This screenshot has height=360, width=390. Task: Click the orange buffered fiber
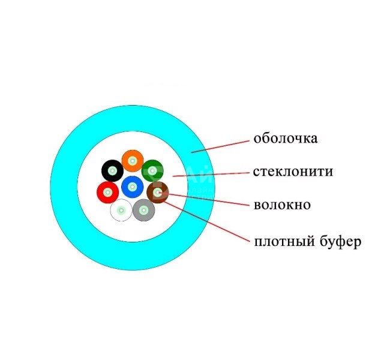[x=133, y=161]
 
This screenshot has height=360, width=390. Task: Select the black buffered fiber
[x=112, y=170]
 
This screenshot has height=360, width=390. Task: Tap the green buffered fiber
[x=152, y=170]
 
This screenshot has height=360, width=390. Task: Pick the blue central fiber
[x=133, y=187]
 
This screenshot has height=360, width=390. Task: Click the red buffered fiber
[x=107, y=192]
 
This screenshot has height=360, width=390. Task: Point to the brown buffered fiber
[x=158, y=192]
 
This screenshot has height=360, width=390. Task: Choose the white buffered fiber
[x=121, y=210]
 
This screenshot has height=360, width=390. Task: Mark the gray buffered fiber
[x=144, y=210]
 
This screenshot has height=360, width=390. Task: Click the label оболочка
[x=285, y=139]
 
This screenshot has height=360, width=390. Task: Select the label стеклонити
[x=293, y=172]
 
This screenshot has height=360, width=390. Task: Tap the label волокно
[x=282, y=205]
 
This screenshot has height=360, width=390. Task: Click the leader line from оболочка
[x=220, y=146]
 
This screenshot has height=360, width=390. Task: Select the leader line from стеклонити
[x=211, y=174]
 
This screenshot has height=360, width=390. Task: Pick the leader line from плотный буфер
[x=206, y=221]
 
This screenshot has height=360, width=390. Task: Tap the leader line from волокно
[x=204, y=199]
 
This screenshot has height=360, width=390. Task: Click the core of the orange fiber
[x=133, y=161]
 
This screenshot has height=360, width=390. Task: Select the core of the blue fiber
[x=133, y=187]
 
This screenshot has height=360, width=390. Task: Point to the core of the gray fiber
[x=144, y=210]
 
